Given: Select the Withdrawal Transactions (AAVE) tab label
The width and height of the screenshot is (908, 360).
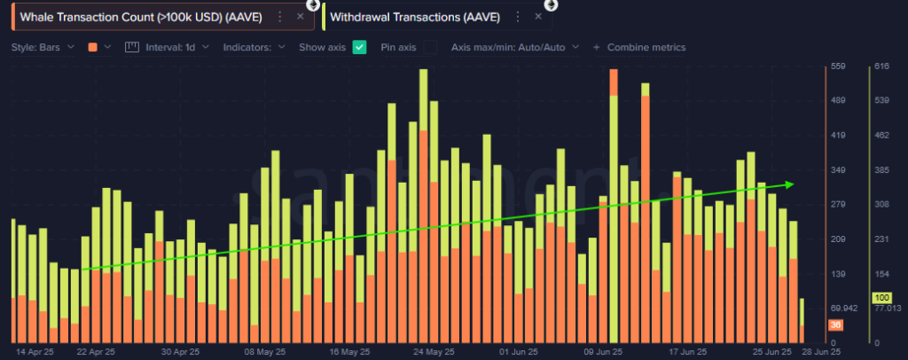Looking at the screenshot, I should tap(415, 16).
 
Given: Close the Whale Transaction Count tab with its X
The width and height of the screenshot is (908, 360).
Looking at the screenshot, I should tap(300, 16).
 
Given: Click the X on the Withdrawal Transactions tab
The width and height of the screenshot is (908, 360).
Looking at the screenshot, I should tap(538, 16).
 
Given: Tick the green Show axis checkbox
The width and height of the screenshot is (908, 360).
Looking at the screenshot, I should tap(360, 47).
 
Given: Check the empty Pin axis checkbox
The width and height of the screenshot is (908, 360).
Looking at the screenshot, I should tap(430, 47).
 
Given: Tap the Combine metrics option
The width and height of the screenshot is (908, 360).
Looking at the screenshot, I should tap(645, 47).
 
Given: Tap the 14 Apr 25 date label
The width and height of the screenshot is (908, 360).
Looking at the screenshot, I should tap(35, 351).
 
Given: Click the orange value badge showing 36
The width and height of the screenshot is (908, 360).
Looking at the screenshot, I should tap(835, 325).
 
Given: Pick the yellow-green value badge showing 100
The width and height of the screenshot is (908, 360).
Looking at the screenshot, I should tap(881, 298).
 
